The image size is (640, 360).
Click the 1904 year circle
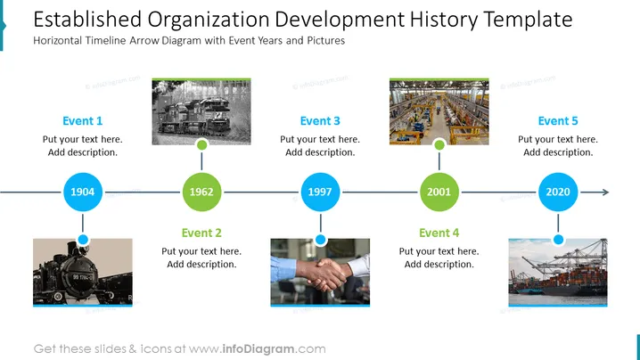point(83,192)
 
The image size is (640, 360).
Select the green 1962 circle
point(201,192)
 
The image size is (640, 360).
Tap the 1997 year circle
point(320,192)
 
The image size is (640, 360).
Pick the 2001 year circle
point(439,192)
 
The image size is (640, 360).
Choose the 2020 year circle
point(558,192)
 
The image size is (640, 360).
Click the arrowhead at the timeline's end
point(606,192)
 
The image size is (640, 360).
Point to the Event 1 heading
point(82,121)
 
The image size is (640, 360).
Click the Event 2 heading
point(201,233)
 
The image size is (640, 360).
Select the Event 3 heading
point(320,121)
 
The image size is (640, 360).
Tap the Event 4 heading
point(439,233)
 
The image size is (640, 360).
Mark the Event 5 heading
point(558,121)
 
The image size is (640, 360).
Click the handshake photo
point(320,273)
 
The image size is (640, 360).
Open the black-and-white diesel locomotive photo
point(201,111)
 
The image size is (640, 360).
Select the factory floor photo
point(439,111)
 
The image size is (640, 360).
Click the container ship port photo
point(558,273)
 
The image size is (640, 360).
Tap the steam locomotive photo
point(83,273)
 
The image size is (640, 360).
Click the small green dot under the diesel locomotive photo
point(201,144)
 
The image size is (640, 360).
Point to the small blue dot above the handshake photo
point(320,240)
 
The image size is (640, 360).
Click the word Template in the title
point(528,20)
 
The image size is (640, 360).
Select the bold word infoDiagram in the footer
point(258,349)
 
